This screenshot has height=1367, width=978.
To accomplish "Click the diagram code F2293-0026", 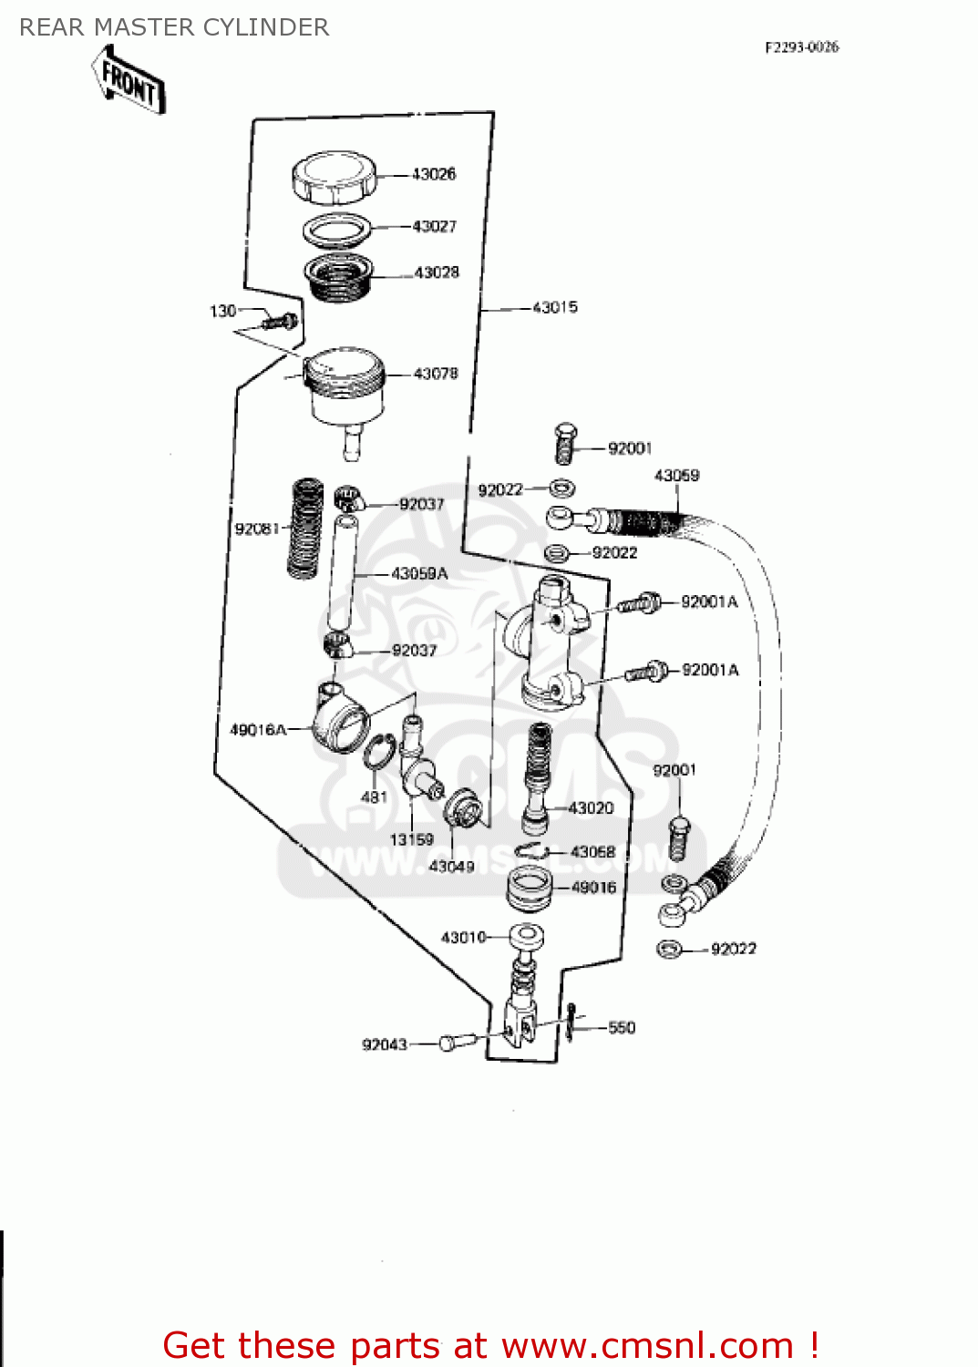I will [801, 47].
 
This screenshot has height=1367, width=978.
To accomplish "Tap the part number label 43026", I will [434, 174].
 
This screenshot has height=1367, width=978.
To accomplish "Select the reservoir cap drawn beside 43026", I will [334, 178].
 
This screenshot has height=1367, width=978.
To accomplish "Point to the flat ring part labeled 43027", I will [336, 230].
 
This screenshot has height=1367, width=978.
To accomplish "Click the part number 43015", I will [554, 307].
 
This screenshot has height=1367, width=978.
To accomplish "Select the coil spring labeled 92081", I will [305, 529].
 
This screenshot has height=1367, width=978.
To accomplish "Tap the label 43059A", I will [419, 573].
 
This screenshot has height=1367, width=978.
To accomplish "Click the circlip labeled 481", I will [379, 756].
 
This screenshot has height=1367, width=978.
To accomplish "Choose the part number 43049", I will [451, 866].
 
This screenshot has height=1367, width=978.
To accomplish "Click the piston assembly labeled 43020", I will [538, 775].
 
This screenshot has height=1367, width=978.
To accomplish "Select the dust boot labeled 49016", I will [529, 889].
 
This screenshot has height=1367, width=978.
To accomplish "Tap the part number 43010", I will [463, 937].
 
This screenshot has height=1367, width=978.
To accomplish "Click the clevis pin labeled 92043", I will [458, 1041].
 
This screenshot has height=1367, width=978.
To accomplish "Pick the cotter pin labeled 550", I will [571, 1022].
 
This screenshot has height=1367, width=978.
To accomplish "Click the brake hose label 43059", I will [676, 476].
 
